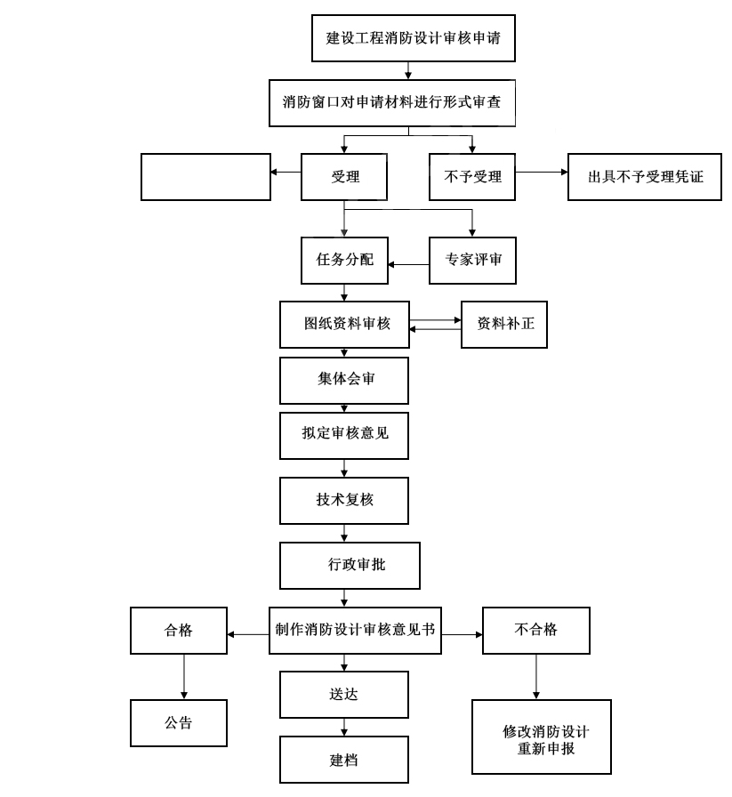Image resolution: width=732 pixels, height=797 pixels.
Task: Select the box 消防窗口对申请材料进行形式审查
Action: point(392,101)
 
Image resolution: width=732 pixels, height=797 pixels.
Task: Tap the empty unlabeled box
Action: point(205,177)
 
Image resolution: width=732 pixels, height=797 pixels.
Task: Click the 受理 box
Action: point(344,177)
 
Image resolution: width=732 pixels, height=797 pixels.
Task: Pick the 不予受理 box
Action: point(472,177)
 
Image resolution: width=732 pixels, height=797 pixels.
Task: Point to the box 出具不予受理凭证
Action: point(645,177)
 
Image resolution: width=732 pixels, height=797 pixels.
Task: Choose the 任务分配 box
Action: point(344,262)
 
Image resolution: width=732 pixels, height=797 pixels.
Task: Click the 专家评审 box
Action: point(472,262)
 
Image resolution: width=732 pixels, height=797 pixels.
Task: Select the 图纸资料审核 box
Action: point(344,325)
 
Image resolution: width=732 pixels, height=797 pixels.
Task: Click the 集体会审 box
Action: point(344,381)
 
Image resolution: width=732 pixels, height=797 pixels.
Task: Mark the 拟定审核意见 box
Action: point(344,435)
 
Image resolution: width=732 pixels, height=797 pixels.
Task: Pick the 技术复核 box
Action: point(344,501)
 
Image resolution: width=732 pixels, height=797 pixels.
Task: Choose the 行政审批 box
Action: point(349,566)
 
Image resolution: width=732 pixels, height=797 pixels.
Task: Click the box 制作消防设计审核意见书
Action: point(356,630)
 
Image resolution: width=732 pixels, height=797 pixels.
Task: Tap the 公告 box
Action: point(179,723)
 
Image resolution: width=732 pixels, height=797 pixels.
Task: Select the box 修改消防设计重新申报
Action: point(542,737)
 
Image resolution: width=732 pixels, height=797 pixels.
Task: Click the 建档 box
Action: point(344,761)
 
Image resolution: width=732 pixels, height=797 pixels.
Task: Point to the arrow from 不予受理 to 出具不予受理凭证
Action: point(541,171)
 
